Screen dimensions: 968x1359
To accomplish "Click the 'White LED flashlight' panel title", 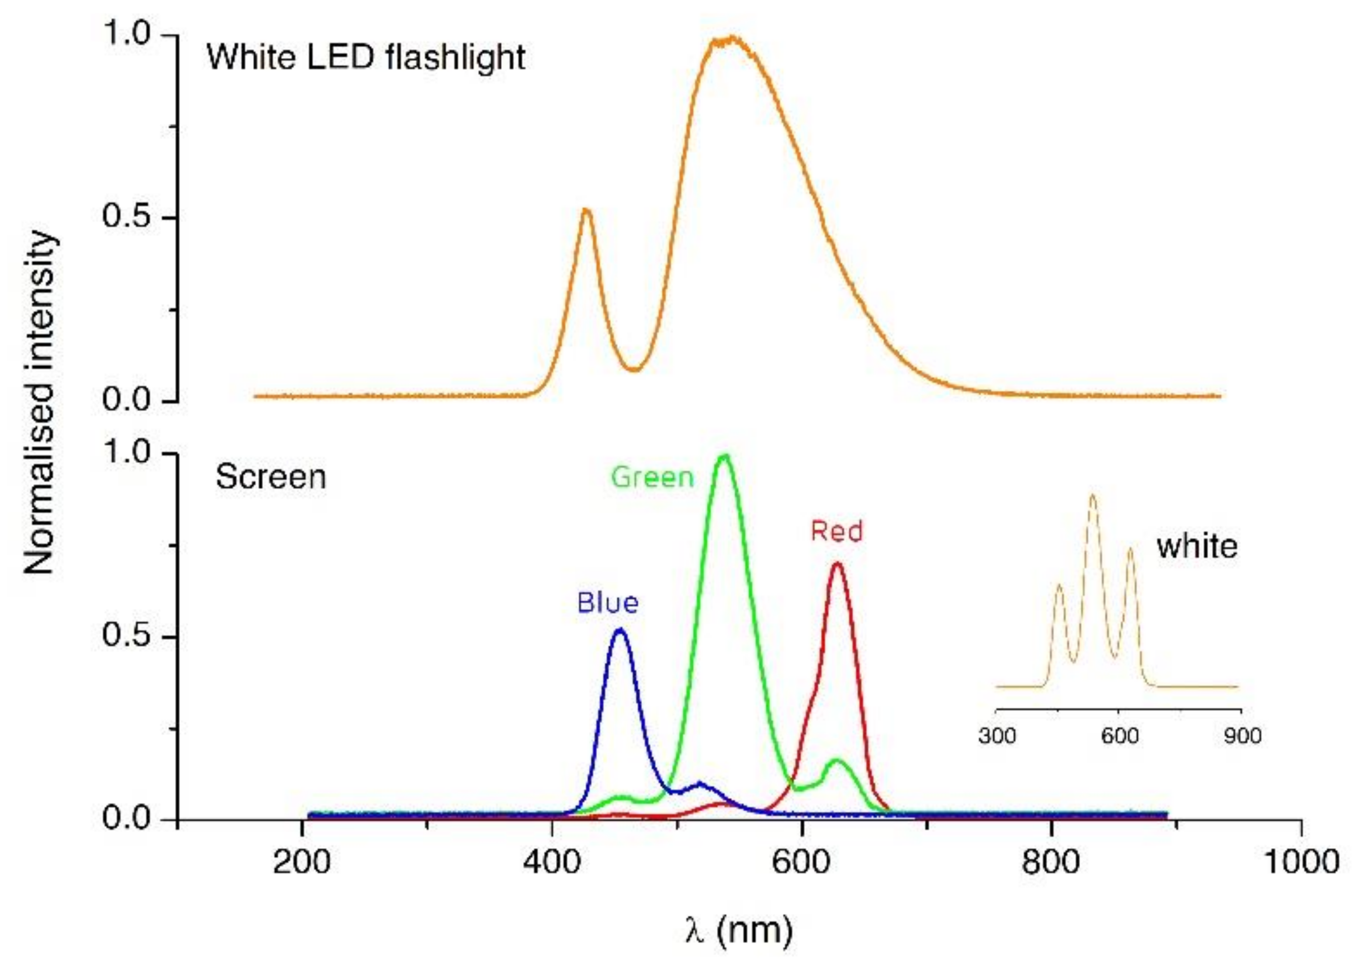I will [365, 59].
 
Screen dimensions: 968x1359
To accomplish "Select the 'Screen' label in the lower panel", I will [271, 477].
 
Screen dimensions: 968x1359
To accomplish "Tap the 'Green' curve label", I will [652, 477].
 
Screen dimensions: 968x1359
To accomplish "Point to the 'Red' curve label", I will [836, 531].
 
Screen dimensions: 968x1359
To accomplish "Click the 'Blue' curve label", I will [607, 603].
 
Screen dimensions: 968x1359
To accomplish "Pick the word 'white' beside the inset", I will [1197, 546].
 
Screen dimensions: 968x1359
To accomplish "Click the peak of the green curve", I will [725, 456].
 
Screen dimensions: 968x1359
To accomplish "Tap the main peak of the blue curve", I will [620, 630].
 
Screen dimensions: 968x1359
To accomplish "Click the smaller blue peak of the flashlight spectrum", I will [586, 210].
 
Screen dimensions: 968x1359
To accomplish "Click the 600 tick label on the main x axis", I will [801, 863].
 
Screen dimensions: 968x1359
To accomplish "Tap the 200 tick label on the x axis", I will [302, 863].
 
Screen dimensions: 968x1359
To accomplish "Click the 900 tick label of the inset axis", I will [1242, 736].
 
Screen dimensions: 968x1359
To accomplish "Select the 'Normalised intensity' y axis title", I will [41, 404].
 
